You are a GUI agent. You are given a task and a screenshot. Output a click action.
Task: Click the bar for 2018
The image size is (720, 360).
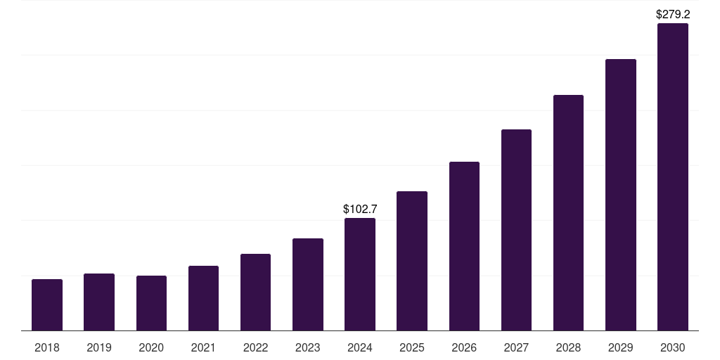pos(47,305)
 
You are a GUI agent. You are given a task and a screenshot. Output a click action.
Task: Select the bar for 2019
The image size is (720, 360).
pos(99,302)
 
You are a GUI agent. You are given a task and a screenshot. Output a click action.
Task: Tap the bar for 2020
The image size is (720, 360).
pos(151,303)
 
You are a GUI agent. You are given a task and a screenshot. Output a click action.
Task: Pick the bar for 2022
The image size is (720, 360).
pos(255,292)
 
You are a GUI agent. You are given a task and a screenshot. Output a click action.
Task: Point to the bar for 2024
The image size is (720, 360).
pos(360,274)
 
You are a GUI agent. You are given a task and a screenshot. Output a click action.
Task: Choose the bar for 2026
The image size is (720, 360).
pos(464,246)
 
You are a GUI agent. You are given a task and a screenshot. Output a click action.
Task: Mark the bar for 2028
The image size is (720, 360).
pos(568,213)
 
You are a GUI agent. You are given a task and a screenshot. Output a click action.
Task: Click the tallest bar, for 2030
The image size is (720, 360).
pos(673,177)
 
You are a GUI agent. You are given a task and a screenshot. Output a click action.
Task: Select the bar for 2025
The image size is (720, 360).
pos(412,261)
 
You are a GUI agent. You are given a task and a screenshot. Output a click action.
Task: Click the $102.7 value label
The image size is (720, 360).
pos(360,209)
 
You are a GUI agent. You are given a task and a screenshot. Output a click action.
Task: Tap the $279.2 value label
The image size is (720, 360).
pos(673,14)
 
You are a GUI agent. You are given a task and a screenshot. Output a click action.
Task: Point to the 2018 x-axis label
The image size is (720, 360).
pos(47,347)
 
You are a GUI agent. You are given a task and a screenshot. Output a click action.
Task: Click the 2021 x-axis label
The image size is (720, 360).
pos(203,347)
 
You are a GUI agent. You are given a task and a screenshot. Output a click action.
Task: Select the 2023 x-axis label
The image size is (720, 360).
pos(308,347)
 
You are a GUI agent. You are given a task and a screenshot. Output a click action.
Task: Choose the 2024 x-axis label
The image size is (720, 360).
pos(360,347)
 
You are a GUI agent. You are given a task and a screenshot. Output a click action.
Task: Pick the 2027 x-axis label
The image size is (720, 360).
pos(516,347)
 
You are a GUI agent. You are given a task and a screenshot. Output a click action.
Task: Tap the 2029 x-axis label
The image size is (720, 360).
pos(621,347)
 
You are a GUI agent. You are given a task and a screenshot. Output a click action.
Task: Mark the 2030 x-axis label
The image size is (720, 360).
pos(673,347)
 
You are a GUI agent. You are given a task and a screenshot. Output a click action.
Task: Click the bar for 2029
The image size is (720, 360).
pos(621,195)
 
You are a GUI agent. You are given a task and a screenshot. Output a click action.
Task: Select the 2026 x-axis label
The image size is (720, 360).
pos(464,347)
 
